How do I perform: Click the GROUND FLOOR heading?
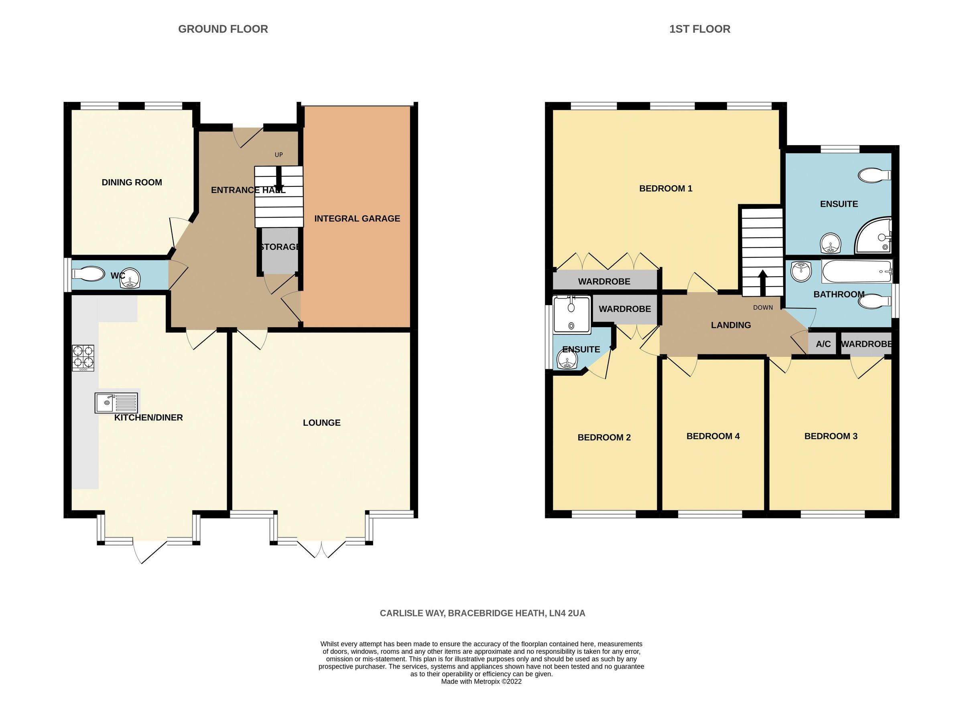[223, 29]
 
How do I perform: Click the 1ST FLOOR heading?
[700, 29]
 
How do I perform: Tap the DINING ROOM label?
[132, 182]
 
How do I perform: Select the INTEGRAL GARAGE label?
[357, 218]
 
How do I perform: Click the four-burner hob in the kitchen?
[83, 358]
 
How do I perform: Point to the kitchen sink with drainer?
[116, 403]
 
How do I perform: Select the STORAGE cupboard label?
[280, 247]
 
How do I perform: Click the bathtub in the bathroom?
[856, 271]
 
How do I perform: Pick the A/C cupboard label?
[823, 344]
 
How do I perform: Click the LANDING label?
[731, 325]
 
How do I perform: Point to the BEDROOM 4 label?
[713, 436]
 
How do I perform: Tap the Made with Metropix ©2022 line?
[481, 681]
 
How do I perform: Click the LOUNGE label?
[321, 423]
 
